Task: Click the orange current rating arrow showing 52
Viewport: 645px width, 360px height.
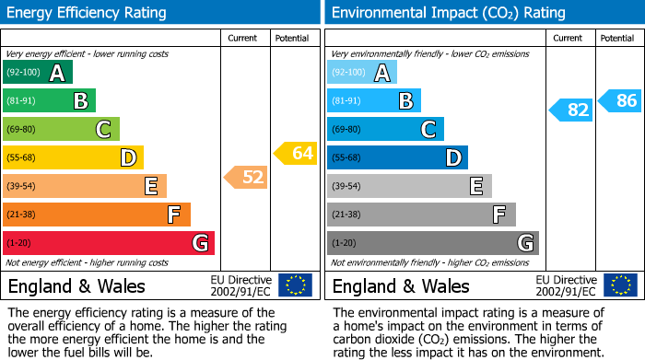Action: pyautogui.click(x=246, y=177)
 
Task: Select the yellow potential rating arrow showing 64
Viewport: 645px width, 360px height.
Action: pyautogui.click(x=295, y=153)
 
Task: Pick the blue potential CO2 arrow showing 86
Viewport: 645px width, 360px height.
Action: pyautogui.click(x=619, y=100)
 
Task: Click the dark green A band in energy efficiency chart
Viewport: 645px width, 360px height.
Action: pyautogui.click(x=38, y=73)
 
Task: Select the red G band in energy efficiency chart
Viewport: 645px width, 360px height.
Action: pyautogui.click(x=109, y=243)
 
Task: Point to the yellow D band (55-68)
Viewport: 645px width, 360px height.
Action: pyautogui.click(x=74, y=157)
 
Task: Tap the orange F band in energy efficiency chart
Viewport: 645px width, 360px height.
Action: pyautogui.click(x=97, y=215)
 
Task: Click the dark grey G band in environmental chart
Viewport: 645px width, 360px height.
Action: pyautogui.click(x=432, y=243)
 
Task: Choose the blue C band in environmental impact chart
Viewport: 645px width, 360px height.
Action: pyautogui.click(x=385, y=129)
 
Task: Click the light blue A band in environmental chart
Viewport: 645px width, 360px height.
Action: pyautogui.click(x=362, y=73)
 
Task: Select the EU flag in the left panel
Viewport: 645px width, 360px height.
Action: pyautogui.click(x=296, y=285)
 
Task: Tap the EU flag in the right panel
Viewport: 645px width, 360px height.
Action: pyautogui.click(x=621, y=285)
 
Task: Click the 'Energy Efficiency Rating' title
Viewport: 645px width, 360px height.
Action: pyautogui.click(x=88, y=13)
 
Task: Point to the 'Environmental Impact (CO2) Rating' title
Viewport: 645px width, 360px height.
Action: pyautogui.click(x=448, y=13)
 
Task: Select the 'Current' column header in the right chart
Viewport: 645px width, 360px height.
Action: pyautogui.click(x=569, y=38)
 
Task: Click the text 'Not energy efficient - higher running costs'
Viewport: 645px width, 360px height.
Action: pyautogui.click(x=88, y=262)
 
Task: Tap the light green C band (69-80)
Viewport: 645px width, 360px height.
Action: pyautogui.click(x=62, y=129)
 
